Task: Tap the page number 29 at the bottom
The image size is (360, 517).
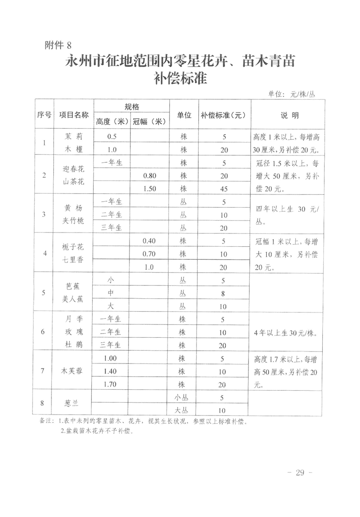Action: pyautogui.click(x=300, y=473)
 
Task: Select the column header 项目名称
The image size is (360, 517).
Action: pyautogui.click(x=73, y=115)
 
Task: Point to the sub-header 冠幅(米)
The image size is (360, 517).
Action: pyautogui.click(x=149, y=122)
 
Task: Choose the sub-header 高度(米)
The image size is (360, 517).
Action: pyautogui.click(x=112, y=122)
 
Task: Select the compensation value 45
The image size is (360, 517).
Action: pyautogui.click(x=223, y=188)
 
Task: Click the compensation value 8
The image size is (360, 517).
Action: pyautogui.click(x=223, y=293)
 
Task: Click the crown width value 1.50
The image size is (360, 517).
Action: pyautogui.click(x=149, y=188)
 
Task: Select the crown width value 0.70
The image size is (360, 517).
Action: pyautogui.click(x=149, y=254)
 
